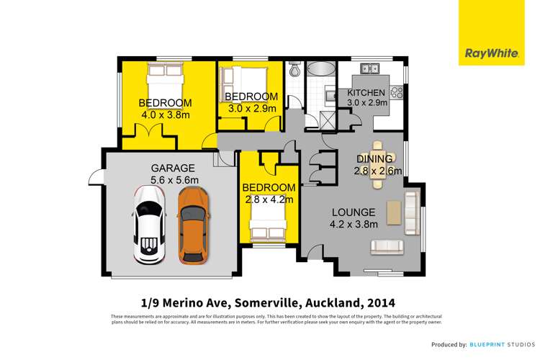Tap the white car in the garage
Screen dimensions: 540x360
click(x=150, y=225)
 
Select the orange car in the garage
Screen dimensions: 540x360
click(x=193, y=225)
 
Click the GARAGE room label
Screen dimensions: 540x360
click(x=173, y=168)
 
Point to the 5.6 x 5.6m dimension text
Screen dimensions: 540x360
click(x=174, y=180)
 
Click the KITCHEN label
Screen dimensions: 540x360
click(x=366, y=93)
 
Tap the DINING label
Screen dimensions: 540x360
click(x=374, y=159)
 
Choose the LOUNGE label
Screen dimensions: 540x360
click(x=354, y=212)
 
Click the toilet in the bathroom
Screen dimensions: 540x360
click(x=294, y=69)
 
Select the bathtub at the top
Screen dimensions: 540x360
click(x=320, y=68)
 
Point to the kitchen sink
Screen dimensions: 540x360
click(x=370, y=68)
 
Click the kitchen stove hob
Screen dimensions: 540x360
click(x=397, y=92)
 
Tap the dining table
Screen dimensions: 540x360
click(x=378, y=165)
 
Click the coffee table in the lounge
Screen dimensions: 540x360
click(x=394, y=212)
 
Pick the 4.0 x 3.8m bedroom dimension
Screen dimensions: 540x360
click(x=166, y=114)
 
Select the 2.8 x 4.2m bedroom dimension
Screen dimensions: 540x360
click(x=269, y=199)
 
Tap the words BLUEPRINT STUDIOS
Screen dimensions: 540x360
click(x=503, y=344)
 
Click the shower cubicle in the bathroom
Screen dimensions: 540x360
click(x=328, y=120)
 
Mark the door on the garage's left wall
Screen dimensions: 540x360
click(x=96, y=176)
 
